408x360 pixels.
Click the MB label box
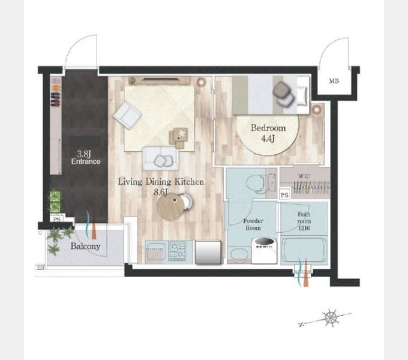click(334, 81)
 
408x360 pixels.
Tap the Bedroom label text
click(268, 128)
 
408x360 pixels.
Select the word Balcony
click(86, 246)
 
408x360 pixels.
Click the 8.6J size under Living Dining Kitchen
click(160, 192)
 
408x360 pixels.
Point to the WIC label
click(304, 176)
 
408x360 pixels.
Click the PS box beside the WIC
click(284, 195)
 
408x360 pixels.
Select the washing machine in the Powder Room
click(264, 250)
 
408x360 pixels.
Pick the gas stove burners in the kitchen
click(177, 251)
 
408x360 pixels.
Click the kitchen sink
click(155, 251)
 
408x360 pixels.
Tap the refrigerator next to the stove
click(208, 253)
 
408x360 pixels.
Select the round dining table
click(170, 207)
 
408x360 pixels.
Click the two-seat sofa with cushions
click(161, 158)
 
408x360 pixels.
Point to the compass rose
click(331, 317)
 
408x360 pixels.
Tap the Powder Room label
click(253, 224)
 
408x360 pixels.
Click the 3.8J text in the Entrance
click(84, 154)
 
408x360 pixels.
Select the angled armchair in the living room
click(127, 115)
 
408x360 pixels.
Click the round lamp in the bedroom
click(316, 109)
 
